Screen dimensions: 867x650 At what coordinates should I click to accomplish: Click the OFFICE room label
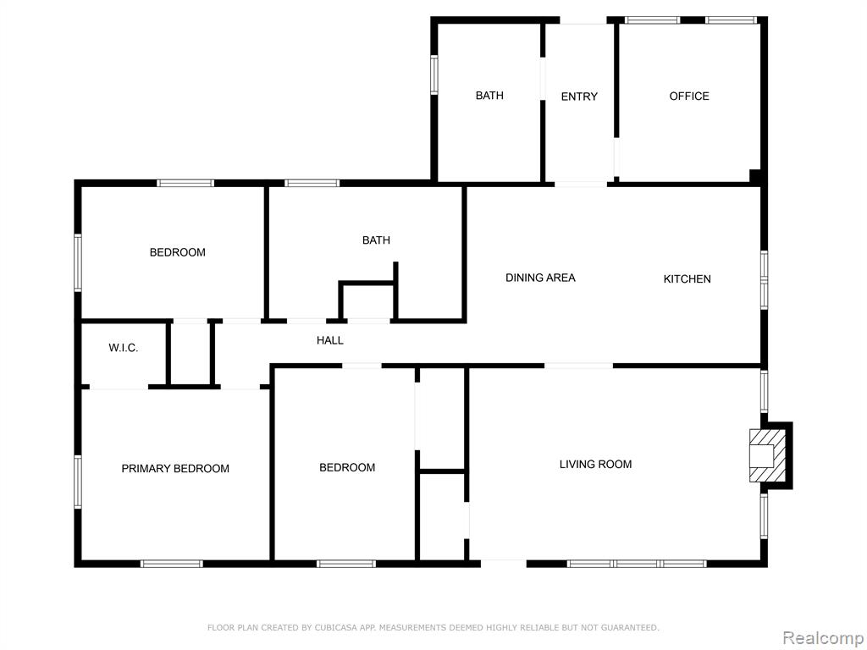tap(689, 96)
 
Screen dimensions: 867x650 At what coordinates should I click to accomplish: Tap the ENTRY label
tap(579, 96)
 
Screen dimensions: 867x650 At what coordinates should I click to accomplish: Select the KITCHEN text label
tap(687, 279)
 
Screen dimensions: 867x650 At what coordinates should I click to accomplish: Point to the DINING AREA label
tap(540, 278)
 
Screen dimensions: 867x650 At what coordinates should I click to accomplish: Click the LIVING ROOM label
tap(595, 465)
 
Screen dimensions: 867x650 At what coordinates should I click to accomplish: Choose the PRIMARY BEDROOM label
tap(175, 469)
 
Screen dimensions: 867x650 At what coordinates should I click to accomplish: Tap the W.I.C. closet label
tap(124, 348)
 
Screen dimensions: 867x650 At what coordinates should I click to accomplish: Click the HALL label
tap(330, 340)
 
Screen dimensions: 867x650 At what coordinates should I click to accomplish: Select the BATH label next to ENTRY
tap(489, 96)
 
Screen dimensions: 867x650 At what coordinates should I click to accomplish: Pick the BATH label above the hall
tap(376, 240)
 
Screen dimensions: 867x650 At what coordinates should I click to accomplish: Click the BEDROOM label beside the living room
tap(347, 467)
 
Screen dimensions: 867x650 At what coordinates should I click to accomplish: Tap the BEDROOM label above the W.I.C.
tap(178, 252)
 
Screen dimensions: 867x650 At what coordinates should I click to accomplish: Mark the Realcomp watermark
tap(823, 638)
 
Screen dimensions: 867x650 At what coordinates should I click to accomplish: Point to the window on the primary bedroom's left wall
tap(78, 481)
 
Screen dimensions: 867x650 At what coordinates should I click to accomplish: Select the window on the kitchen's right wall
tap(764, 279)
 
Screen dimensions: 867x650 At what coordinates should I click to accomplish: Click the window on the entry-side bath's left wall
tap(434, 75)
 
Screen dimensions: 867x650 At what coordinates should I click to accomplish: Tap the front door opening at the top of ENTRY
tap(583, 20)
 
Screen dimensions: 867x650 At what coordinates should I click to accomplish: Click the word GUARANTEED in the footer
tap(630, 627)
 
